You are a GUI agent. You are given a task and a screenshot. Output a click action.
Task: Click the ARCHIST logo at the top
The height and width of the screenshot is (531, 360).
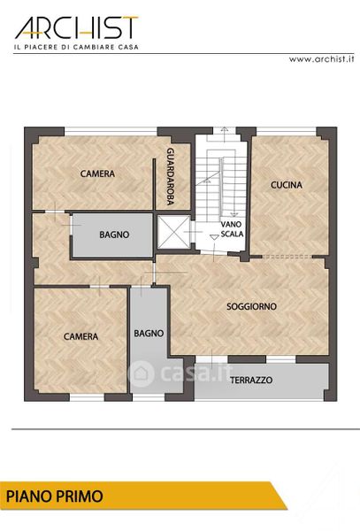[x=76, y=27]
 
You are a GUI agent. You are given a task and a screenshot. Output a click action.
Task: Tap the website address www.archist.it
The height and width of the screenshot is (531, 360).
[x=321, y=59]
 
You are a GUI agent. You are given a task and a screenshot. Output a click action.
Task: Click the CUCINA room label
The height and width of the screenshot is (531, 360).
[x=287, y=185]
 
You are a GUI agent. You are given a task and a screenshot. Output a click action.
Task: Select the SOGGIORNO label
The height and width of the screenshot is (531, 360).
[x=251, y=306]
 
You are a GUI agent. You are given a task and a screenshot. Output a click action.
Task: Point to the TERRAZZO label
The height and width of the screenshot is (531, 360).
[x=251, y=380]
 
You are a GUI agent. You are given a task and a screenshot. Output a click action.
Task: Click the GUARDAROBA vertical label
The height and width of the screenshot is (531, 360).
[x=171, y=176]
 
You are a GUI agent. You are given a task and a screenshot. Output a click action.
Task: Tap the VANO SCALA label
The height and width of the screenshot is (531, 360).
[x=232, y=229]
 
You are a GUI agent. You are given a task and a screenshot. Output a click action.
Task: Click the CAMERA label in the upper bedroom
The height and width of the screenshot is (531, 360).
[x=97, y=173]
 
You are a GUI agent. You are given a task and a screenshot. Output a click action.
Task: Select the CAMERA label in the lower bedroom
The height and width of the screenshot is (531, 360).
[x=80, y=336]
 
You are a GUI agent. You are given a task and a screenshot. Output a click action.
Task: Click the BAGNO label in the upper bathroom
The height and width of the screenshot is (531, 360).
[x=114, y=235]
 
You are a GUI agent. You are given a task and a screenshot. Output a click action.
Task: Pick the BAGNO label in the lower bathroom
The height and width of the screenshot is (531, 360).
[x=149, y=334]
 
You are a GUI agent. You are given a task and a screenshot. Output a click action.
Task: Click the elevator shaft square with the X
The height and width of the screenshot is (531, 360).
[x=174, y=232]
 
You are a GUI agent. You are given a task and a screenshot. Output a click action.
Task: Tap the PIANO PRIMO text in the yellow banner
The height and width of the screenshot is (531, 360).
[x=55, y=496]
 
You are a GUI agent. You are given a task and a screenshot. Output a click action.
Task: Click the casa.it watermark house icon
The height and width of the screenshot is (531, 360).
[x=142, y=373]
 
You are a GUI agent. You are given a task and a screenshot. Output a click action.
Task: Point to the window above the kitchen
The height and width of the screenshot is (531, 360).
[x=287, y=131]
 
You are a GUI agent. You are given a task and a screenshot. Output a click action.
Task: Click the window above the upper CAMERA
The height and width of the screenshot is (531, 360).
[x=111, y=131]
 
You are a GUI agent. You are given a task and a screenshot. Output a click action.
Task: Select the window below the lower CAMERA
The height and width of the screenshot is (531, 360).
[x=87, y=397]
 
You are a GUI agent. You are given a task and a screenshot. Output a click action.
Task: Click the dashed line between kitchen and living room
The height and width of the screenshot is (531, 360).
[x=287, y=257]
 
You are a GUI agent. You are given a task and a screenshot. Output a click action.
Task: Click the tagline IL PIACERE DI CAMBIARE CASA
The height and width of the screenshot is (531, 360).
[x=76, y=47]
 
